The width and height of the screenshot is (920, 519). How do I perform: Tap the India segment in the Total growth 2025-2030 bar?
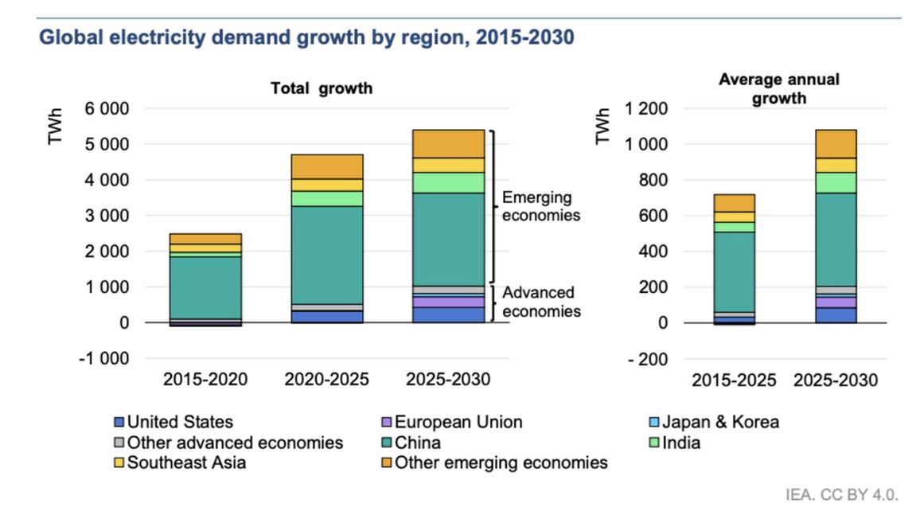(447, 182)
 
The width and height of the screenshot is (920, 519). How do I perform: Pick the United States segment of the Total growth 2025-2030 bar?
(447, 314)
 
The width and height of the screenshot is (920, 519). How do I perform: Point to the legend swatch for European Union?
(387, 423)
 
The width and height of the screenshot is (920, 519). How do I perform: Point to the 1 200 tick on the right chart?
(645, 108)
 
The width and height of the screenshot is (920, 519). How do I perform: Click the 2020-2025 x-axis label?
(326, 380)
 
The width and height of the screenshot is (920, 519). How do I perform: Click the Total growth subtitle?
(322, 89)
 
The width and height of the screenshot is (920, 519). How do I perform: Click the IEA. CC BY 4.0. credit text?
(842, 495)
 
